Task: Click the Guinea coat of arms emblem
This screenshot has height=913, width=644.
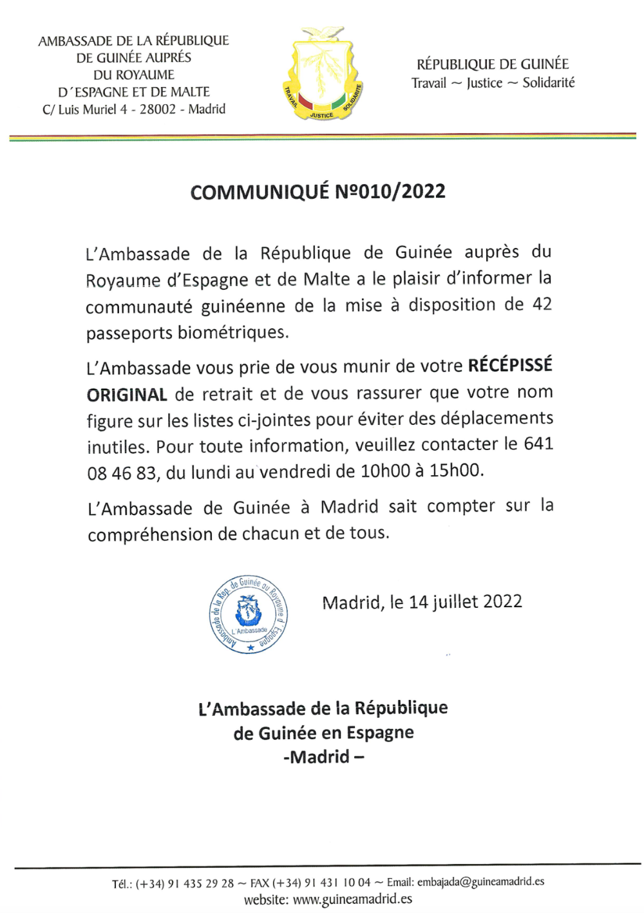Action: point(322,74)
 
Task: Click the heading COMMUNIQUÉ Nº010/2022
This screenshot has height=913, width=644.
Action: point(317,192)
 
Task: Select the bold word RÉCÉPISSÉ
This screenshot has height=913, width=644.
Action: point(510,366)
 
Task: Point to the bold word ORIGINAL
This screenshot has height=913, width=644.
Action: point(127,395)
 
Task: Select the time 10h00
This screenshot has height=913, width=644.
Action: point(385,471)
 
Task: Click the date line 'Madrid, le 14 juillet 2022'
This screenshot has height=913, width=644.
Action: point(422,602)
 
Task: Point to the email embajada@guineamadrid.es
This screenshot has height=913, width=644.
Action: point(480,882)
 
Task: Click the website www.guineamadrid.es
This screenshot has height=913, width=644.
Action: point(352,899)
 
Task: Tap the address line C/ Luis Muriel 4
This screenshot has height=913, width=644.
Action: point(134,109)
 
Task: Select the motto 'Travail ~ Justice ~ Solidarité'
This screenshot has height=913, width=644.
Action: point(493,83)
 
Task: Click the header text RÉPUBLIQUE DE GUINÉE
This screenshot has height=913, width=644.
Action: point(493,64)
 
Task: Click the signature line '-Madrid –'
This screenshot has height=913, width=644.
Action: point(323,757)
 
